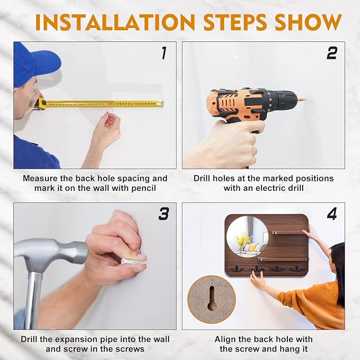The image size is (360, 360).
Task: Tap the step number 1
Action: tap(163, 53)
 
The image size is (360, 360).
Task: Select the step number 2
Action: tap(332, 53)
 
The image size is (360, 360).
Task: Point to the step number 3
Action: tap(164, 214)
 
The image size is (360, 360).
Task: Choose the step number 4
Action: tap(332, 214)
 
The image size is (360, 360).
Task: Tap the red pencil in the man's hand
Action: tap(108, 120)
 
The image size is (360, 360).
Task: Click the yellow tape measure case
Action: tap(40, 103)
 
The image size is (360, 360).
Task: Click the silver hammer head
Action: tap(50, 252)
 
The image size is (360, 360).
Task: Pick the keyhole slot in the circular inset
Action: tap(212, 298)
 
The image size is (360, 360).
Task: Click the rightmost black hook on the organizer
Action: tap(296, 268)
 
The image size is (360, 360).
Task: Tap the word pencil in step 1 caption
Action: tap(144, 188)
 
